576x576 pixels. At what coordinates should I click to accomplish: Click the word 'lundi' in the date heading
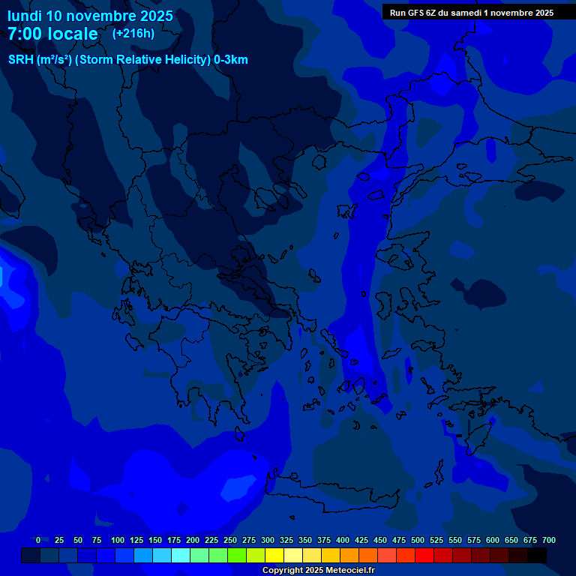(x=24, y=16)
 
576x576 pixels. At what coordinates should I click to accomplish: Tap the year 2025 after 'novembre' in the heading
(x=154, y=16)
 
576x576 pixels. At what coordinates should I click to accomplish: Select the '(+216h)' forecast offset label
(x=133, y=34)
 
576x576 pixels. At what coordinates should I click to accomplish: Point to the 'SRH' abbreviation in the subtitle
(x=20, y=60)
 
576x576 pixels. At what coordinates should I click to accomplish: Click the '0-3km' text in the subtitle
(x=231, y=60)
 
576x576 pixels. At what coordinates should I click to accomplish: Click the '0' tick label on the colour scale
(x=38, y=540)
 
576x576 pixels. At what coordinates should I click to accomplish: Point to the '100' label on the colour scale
(x=118, y=540)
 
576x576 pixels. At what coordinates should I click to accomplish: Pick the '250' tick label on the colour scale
(x=230, y=540)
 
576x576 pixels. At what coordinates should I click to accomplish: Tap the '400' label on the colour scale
(x=343, y=540)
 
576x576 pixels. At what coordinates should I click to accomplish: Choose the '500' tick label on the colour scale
(x=418, y=540)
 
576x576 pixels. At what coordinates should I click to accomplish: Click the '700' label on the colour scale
(x=549, y=540)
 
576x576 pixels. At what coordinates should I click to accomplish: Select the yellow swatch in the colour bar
(x=274, y=555)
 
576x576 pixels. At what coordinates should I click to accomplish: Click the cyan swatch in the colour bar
(x=181, y=555)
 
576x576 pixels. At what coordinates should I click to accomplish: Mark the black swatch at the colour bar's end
(x=537, y=555)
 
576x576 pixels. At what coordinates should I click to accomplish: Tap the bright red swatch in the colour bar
(x=424, y=555)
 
